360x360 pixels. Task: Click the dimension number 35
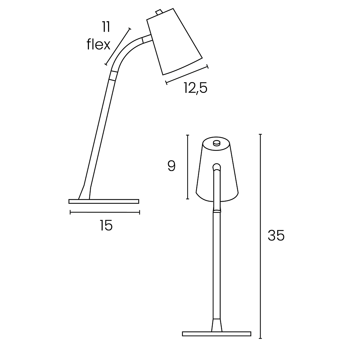tap(276, 235)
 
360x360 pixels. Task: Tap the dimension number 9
tap(172, 166)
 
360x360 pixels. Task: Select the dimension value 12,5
tap(195, 88)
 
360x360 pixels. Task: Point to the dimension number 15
tap(106, 225)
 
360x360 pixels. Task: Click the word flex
tap(98, 45)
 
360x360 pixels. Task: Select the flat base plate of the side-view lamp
tap(104, 201)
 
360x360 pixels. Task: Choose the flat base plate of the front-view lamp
tap(216, 334)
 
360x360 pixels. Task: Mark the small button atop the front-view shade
tap(216, 143)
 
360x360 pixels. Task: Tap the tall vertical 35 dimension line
tap(260, 236)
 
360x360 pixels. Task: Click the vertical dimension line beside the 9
tap(188, 166)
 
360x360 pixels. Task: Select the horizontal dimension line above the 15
tap(105, 212)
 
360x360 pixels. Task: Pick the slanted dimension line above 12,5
tap(186, 75)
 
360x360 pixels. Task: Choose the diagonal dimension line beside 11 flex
tap(118, 46)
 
